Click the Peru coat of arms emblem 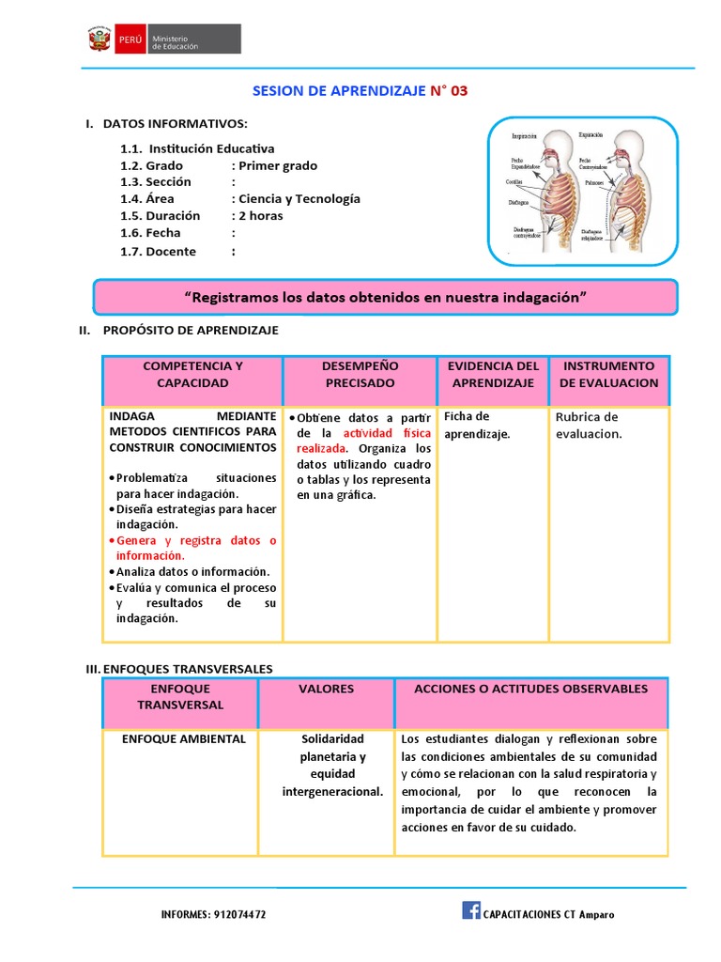[100, 39]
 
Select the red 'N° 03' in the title [448, 91]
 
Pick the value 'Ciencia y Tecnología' [299, 198]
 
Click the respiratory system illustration [582, 192]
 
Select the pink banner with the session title [385, 297]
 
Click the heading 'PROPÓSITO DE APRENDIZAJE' [191, 331]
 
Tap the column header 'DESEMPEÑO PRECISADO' [360, 374]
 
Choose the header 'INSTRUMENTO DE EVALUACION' [608, 374]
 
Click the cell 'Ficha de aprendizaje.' [477, 425]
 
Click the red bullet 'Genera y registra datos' [195, 548]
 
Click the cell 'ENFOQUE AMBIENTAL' [184, 739]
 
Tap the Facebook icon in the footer [470, 909]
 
